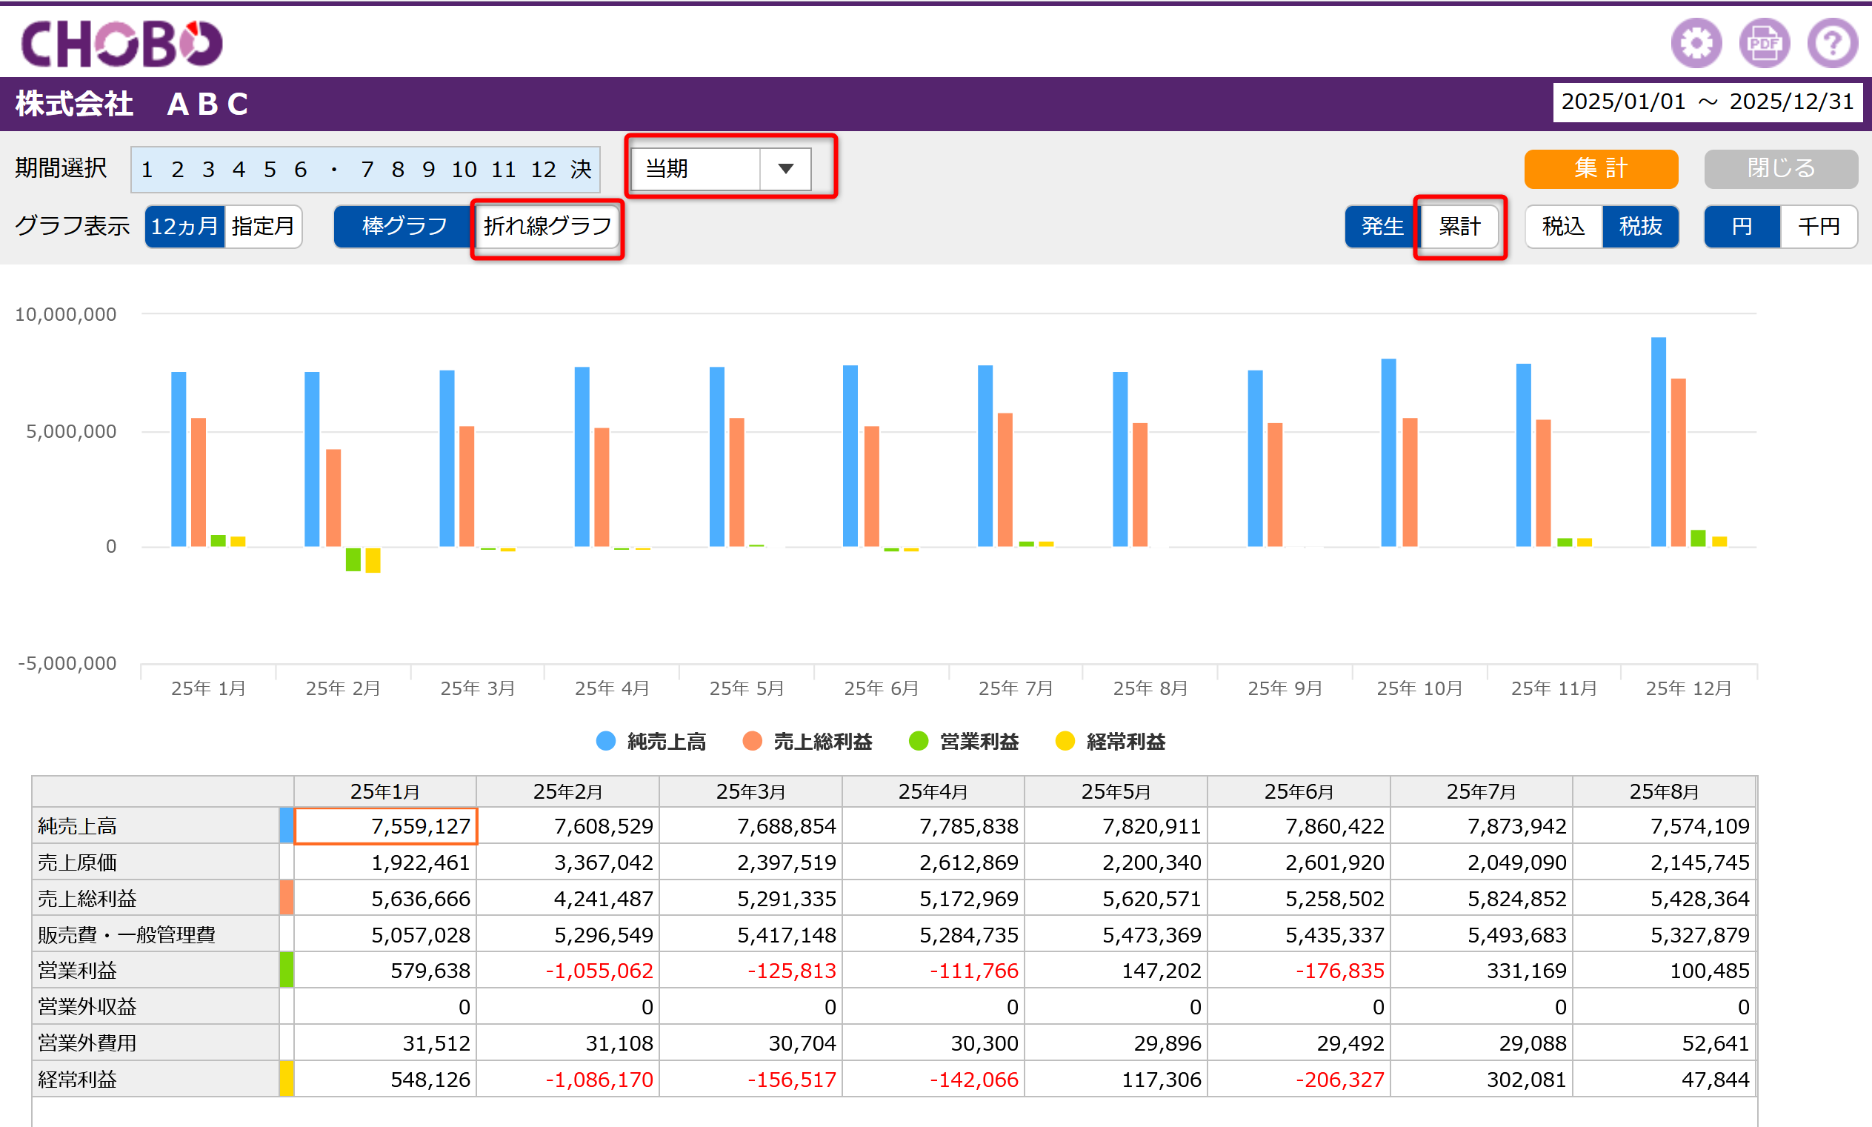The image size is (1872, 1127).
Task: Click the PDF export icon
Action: (1764, 42)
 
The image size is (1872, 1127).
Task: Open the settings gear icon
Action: (1696, 42)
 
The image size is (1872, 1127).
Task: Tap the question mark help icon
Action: (1833, 42)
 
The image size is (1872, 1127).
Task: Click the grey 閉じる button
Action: (1781, 169)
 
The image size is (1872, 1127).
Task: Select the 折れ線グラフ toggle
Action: (547, 226)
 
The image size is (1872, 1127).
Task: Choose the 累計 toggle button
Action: (1459, 226)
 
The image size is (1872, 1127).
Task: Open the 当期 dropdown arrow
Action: (786, 169)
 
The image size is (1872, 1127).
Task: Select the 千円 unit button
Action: (1819, 226)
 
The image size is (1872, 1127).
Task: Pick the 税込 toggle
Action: (1564, 226)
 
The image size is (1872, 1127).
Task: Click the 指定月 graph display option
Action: (263, 226)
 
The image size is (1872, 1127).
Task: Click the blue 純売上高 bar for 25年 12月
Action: (1659, 442)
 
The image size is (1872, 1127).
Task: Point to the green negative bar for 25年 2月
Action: (353, 559)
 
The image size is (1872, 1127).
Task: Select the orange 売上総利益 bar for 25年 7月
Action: (1005, 480)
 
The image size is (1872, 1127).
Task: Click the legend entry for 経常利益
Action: (1110, 741)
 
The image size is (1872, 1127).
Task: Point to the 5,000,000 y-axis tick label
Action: (71, 431)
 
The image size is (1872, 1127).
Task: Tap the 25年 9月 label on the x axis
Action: (1285, 688)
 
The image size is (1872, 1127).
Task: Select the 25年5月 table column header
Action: (1116, 792)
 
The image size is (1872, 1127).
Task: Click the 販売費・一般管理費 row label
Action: (127, 935)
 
